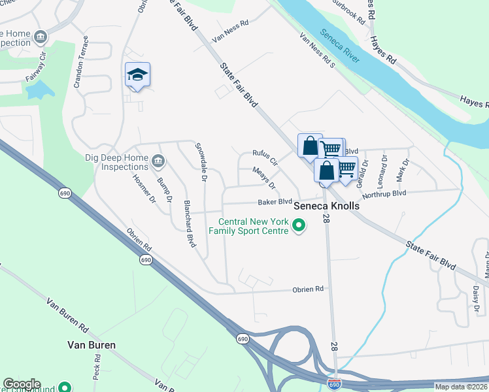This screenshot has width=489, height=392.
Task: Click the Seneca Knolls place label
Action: point(327,205)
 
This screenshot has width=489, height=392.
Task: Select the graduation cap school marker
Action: point(138,76)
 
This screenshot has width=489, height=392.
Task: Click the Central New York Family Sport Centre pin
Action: point(299,227)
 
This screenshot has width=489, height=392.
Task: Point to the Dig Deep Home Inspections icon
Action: point(158,161)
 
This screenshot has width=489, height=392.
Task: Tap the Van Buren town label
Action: point(92,344)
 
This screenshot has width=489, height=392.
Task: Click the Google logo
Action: point(22,384)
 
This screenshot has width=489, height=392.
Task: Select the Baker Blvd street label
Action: point(275,202)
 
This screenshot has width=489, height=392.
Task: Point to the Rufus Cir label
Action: point(265,157)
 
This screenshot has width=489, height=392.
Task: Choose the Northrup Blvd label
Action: point(384,194)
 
